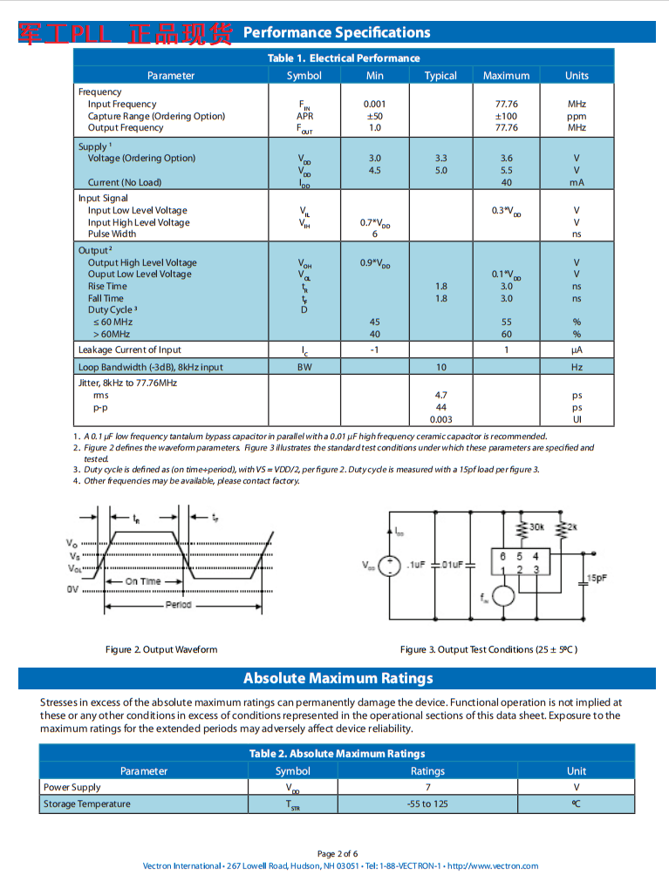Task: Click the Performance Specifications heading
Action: (x=336, y=33)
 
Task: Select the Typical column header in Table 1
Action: (x=440, y=76)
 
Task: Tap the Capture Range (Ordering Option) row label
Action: (x=156, y=116)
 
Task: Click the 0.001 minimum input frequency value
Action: (x=374, y=104)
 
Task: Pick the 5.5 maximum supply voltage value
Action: (x=506, y=170)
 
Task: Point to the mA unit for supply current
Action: (x=577, y=182)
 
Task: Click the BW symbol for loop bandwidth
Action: (x=304, y=367)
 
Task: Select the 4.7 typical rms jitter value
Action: (x=440, y=395)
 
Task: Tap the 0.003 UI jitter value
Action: (x=440, y=419)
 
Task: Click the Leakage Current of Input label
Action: (x=130, y=349)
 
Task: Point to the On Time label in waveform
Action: (x=143, y=581)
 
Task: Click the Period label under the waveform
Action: (x=178, y=604)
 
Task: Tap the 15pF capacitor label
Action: (x=597, y=577)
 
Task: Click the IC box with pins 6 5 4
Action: (x=519, y=562)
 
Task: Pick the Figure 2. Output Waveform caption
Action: (x=161, y=649)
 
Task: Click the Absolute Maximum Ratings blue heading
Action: (x=338, y=678)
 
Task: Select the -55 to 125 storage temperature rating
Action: (x=427, y=804)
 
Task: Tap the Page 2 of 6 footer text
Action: (x=338, y=853)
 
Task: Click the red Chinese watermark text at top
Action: (x=126, y=33)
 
